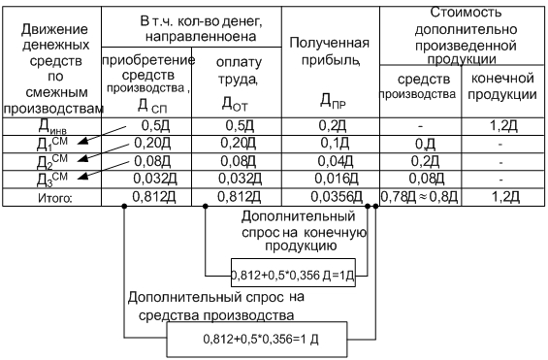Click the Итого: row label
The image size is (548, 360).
(55, 198)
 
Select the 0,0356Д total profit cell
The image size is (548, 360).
(337, 197)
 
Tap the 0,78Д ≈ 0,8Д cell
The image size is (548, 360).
(419, 197)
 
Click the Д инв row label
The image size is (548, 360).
(52, 126)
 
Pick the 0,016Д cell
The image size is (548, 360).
(337, 179)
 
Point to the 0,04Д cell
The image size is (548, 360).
(336, 161)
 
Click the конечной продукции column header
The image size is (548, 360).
(502, 86)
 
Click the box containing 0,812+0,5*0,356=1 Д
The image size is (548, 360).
(257, 340)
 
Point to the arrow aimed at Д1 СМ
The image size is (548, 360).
(102, 135)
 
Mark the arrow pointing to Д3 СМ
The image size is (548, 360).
(103, 170)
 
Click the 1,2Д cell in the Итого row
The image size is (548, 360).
(505, 197)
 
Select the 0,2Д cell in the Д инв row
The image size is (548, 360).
(332, 126)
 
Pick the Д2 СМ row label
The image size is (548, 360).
(52, 161)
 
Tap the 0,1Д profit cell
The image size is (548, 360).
(335, 143)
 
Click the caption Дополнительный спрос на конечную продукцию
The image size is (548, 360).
(304, 231)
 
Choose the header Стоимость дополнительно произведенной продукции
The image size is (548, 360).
(466, 36)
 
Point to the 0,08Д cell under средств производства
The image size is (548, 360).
(427, 179)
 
